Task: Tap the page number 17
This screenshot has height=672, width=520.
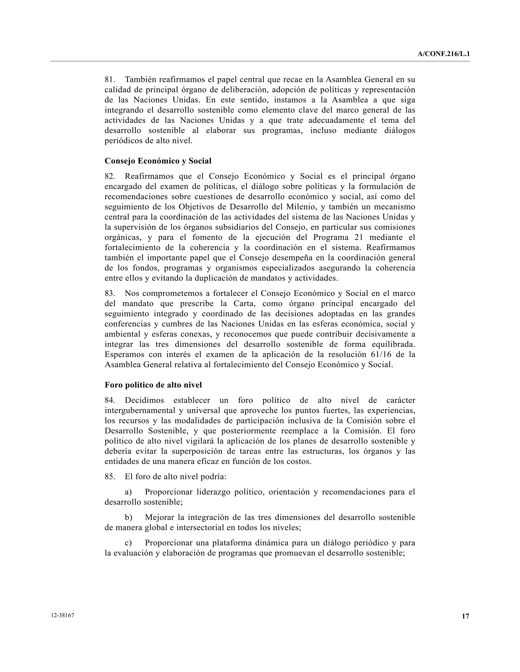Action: click(465, 616)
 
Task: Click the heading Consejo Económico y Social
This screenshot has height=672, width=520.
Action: click(158, 161)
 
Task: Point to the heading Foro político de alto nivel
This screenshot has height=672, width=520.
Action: click(153, 385)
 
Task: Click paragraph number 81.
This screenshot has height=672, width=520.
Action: click(110, 79)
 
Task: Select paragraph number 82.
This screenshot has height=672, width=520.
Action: click(110, 176)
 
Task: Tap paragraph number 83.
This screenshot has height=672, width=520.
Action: click(110, 293)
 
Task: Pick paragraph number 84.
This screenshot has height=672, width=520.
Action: click(110, 400)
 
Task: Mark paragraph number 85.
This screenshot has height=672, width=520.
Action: click(110, 477)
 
